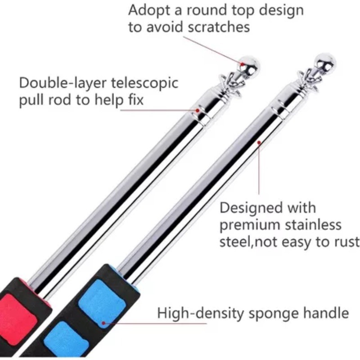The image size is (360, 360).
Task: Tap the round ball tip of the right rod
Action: [325, 62]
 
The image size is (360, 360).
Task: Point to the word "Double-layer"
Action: [60, 83]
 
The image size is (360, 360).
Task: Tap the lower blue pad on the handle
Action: [67, 340]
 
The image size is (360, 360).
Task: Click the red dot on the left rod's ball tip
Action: [243, 65]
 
